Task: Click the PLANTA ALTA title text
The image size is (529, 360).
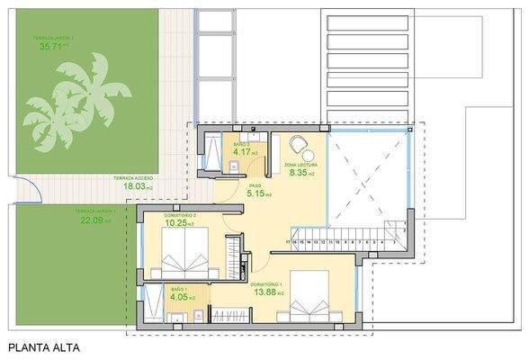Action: [44, 346]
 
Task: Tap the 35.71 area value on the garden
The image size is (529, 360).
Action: [48, 47]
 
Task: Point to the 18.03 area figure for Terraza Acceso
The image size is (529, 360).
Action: [128, 187]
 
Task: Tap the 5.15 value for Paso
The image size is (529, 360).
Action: [258, 193]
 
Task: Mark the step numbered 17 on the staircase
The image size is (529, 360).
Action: [287, 242]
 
